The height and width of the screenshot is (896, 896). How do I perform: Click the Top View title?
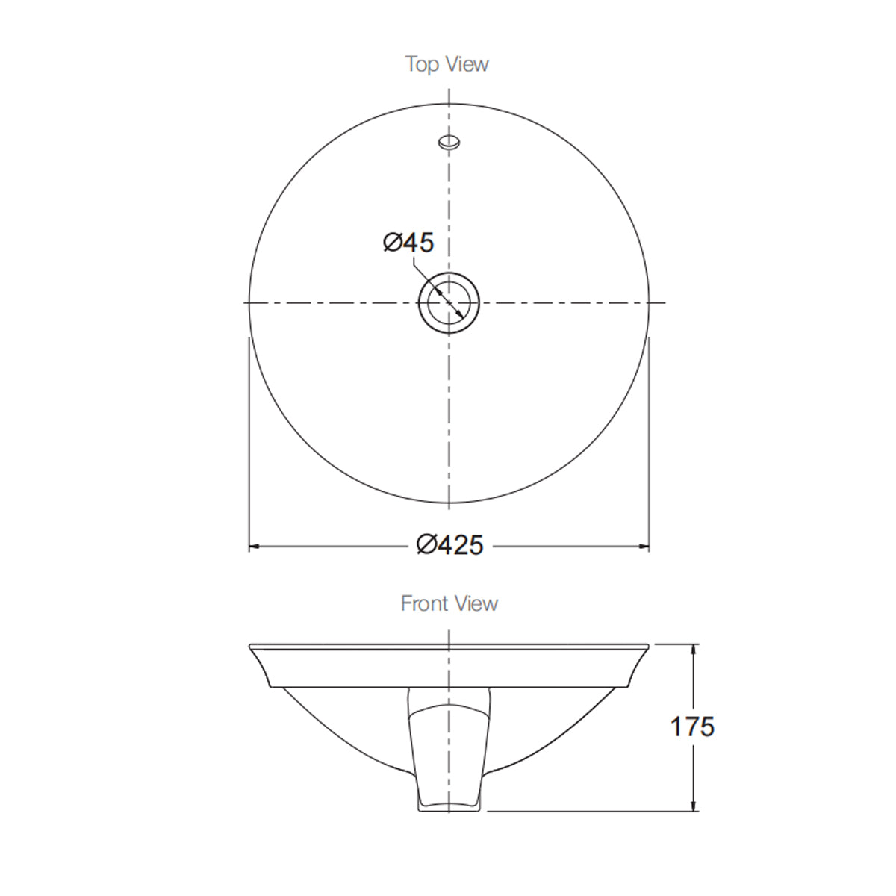pyautogui.click(x=447, y=64)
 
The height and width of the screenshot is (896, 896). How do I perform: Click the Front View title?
pyautogui.click(x=449, y=603)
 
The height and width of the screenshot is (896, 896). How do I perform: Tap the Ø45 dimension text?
pyautogui.click(x=408, y=242)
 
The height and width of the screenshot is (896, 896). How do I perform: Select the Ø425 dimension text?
pyautogui.click(x=449, y=546)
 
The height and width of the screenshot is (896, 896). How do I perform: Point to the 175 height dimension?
pyautogui.click(x=692, y=727)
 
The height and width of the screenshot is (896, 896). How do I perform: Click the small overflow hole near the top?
pyautogui.click(x=449, y=141)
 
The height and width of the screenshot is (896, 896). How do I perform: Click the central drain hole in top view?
pyautogui.click(x=449, y=302)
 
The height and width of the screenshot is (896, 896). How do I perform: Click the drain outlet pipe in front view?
pyautogui.click(x=449, y=747)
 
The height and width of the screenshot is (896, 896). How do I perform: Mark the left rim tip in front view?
pyautogui.click(x=250, y=647)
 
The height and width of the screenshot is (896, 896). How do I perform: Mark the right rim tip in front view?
pyautogui.click(x=647, y=647)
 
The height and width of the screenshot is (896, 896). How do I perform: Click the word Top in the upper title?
pyautogui.click(x=422, y=64)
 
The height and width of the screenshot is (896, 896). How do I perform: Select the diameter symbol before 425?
pyautogui.click(x=426, y=546)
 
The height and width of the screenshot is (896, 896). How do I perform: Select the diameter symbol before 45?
pyautogui.click(x=393, y=242)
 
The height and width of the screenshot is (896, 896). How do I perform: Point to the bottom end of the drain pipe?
pyautogui.click(x=449, y=809)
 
